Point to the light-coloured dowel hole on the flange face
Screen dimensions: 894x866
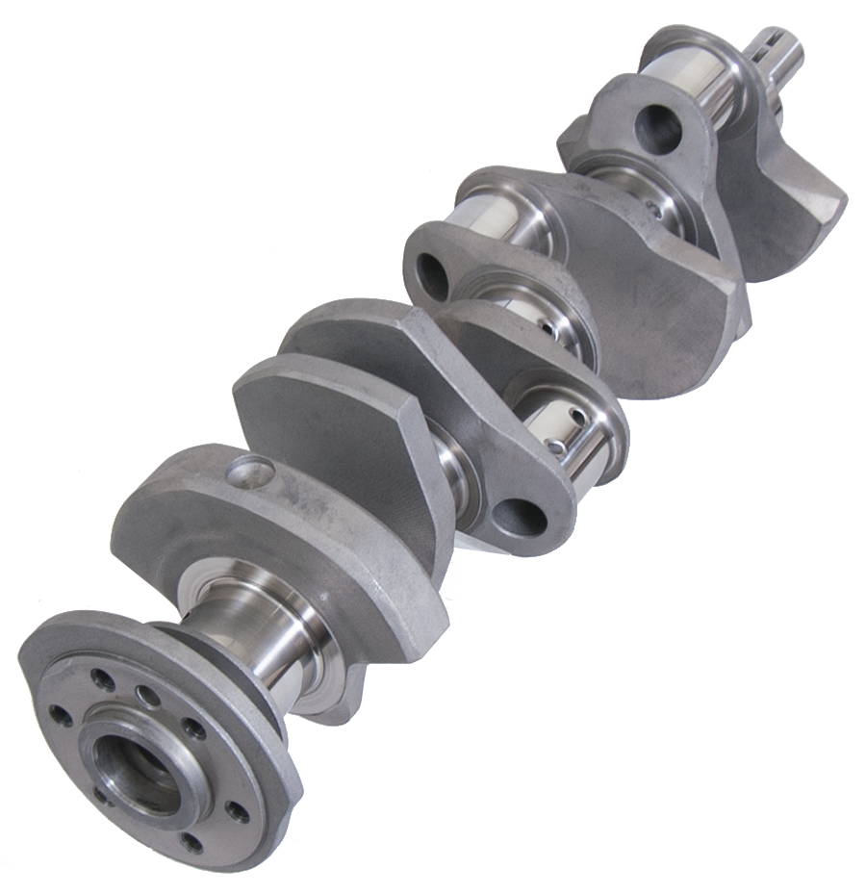pos(144,695)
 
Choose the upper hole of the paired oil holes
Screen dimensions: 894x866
pos(575,417)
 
